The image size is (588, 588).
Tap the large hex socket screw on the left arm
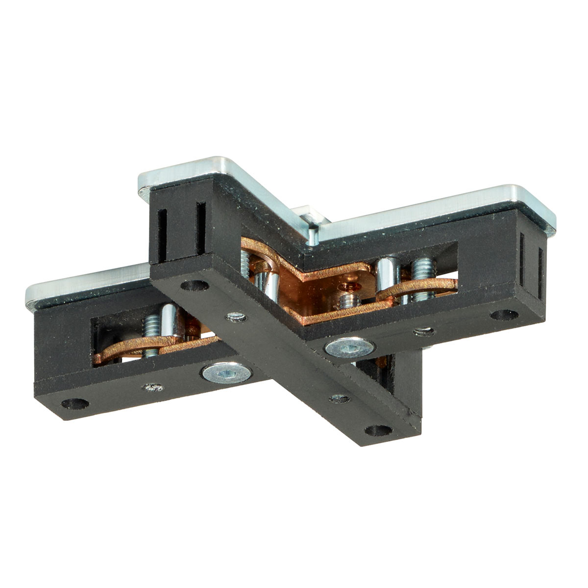(227, 374)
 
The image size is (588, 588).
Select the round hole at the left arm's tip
(75, 404)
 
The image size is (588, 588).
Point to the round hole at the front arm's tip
(379, 430)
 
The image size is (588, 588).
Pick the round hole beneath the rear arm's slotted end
(194, 285)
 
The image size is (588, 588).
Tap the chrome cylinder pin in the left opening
(168, 320)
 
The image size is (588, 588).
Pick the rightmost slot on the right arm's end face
(541, 272)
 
